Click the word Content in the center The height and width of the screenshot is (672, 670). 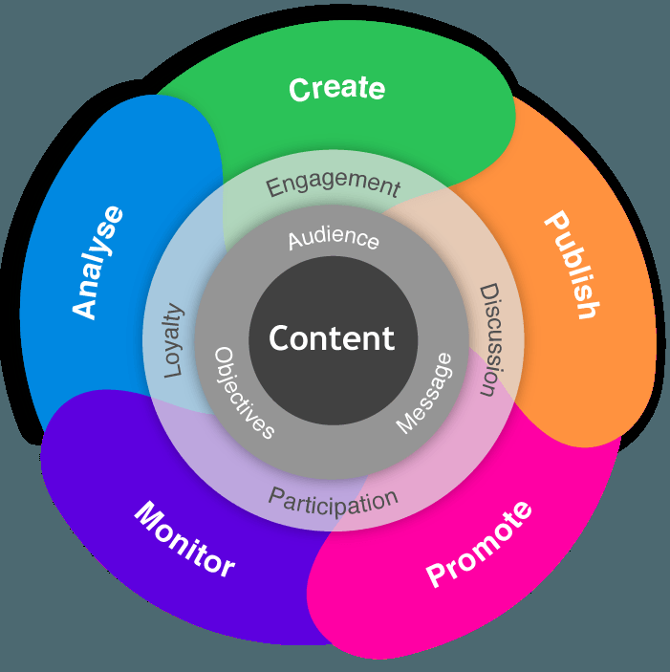click(x=332, y=338)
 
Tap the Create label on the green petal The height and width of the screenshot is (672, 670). click(x=336, y=89)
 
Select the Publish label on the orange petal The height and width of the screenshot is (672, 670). click(x=573, y=265)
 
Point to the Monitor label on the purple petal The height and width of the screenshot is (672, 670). click(x=184, y=538)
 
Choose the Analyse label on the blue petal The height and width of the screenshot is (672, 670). click(x=98, y=261)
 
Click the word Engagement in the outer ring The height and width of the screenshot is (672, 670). click(x=333, y=184)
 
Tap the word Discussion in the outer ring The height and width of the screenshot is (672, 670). click(x=488, y=339)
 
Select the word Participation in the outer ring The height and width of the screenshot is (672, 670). click(x=333, y=500)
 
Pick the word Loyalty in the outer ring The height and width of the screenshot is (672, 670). click(x=174, y=340)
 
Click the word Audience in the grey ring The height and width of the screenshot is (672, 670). click(x=334, y=239)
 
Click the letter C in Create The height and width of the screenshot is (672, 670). click(x=299, y=90)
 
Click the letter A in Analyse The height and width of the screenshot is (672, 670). click(x=87, y=307)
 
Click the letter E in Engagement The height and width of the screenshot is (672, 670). click(x=273, y=188)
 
